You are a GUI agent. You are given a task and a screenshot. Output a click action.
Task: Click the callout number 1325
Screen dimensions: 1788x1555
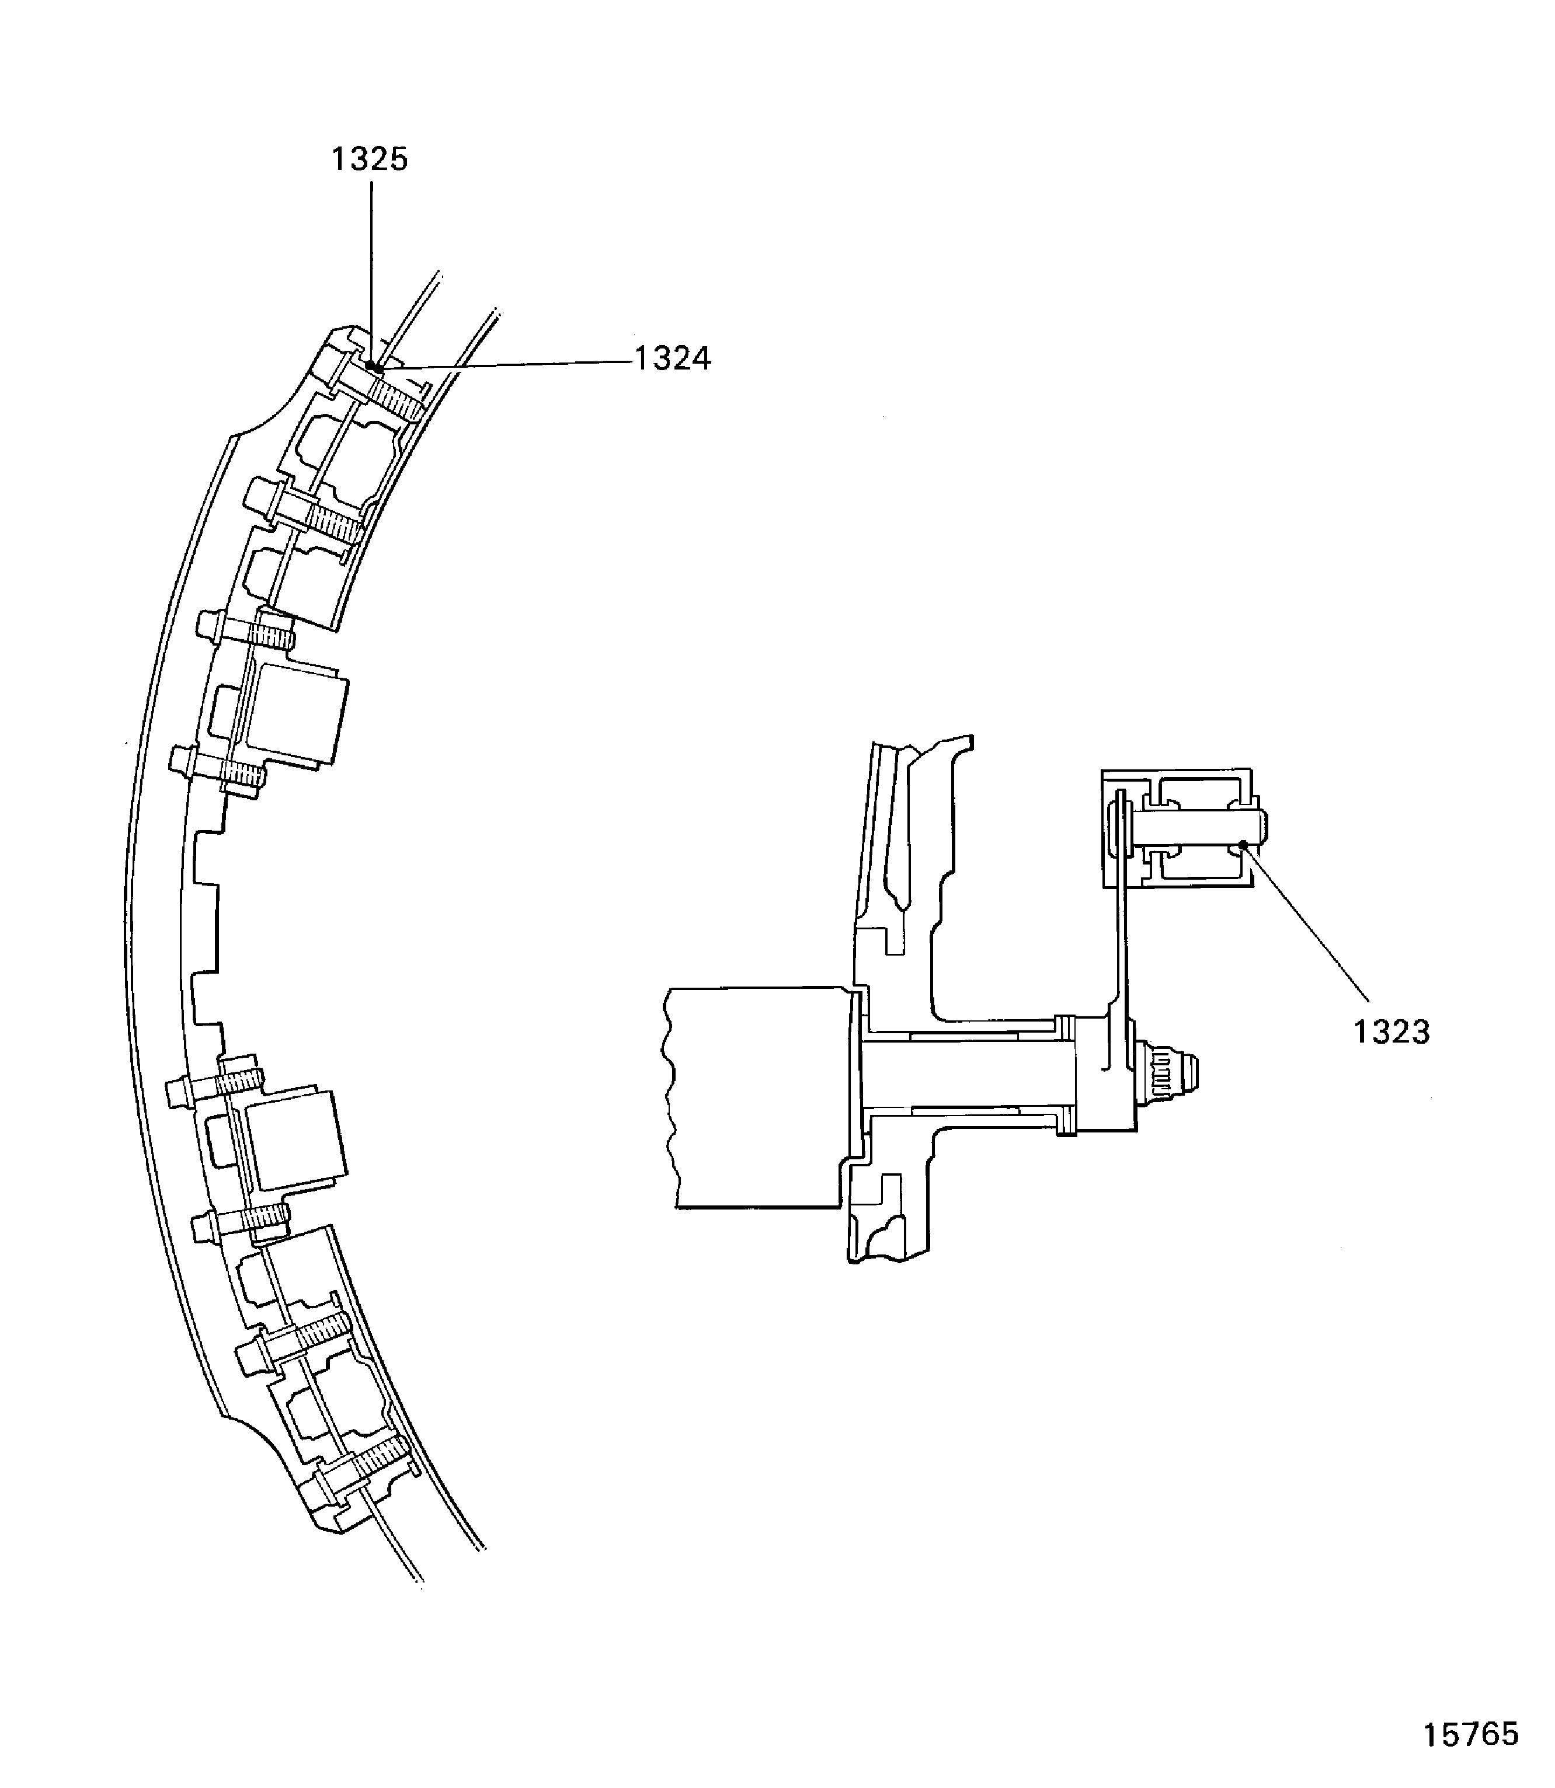tap(370, 159)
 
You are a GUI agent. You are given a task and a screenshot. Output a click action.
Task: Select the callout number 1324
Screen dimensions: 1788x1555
tap(673, 358)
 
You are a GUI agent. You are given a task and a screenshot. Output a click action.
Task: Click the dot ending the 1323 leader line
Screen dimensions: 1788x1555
tap(1244, 844)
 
